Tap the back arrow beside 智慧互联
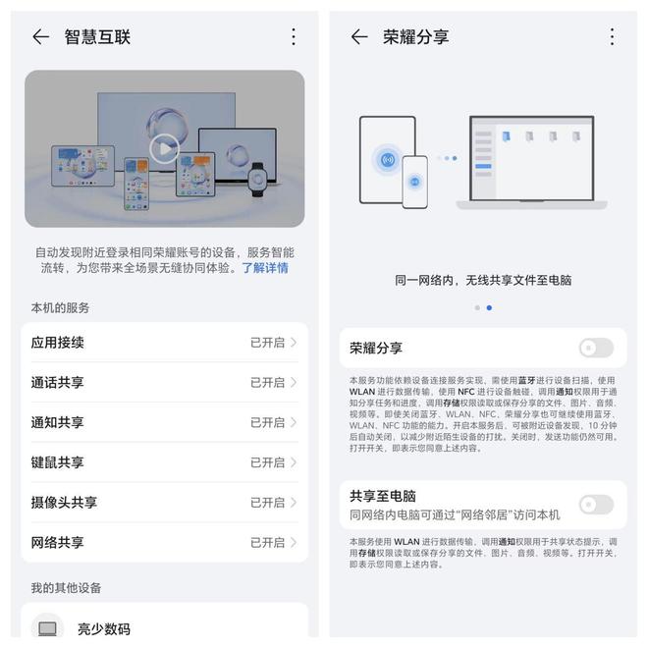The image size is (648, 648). click(40, 37)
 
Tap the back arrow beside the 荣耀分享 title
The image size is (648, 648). click(359, 37)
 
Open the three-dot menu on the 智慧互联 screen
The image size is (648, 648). click(293, 37)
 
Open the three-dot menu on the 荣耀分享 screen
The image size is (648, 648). click(612, 37)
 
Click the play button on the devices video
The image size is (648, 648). click(164, 149)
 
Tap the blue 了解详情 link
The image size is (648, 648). click(265, 268)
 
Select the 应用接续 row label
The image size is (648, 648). click(57, 343)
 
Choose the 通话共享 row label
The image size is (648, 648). click(57, 383)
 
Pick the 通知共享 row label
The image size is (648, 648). click(57, 422)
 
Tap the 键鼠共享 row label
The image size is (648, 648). click(57, 462)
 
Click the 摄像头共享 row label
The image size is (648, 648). click(64, 503)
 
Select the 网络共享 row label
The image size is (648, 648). click(57, 542)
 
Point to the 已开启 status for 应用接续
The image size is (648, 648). click(267, 343)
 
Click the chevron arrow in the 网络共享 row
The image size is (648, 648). click(294, 542)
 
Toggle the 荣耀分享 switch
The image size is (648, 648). click(596, 348)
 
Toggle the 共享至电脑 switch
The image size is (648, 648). click(596, 505)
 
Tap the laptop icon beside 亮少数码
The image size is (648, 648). click(47, 628)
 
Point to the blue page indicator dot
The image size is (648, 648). click(489, 307)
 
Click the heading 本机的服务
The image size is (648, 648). click(60, 308)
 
